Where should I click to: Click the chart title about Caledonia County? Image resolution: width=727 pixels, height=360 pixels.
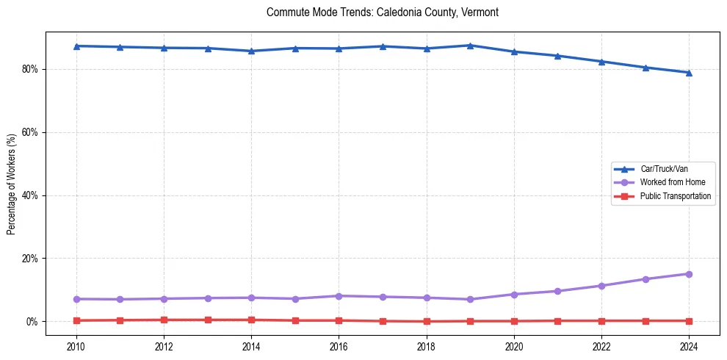pos(383,12)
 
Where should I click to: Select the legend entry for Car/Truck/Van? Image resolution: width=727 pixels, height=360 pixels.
pos(664,169)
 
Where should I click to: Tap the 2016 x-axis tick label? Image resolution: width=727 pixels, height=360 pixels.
pos(339,346)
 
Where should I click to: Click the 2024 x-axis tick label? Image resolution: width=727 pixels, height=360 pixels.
pos(689,346)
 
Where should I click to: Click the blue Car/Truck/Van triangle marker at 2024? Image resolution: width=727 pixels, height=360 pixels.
pos(689,73)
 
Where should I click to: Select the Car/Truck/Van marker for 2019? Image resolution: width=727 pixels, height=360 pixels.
pos(470,46)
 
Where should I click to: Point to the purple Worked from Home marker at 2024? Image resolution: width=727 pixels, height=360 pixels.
pos(689,274)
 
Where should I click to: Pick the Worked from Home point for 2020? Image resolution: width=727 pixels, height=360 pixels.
pos(514,295)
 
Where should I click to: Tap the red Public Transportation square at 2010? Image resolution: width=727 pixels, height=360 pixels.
pos(76,320)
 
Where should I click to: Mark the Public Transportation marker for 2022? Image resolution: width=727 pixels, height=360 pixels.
pos(601,321)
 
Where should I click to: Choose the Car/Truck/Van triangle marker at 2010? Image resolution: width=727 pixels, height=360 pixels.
pos(76,46)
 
